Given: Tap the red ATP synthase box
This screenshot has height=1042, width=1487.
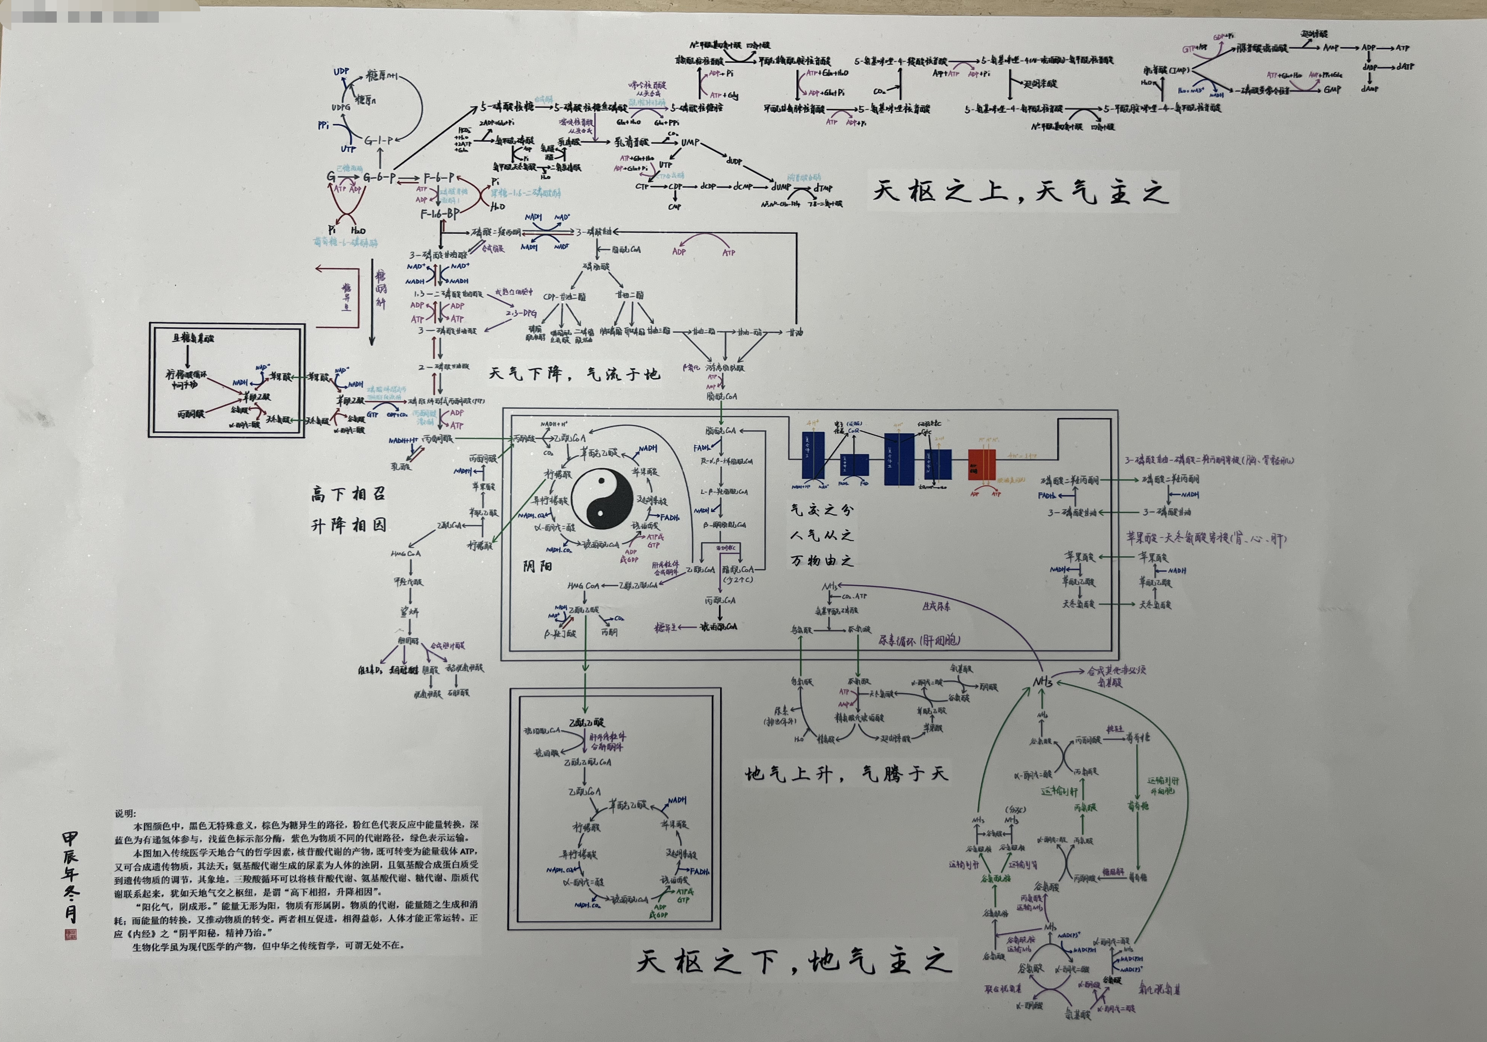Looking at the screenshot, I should pyautogui.click(x=982, y=465).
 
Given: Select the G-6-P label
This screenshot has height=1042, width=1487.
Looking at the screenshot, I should pyautogui.click(x=379, y=177).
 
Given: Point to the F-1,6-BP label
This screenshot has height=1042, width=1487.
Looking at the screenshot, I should pyautogui.click(x=440, y=213).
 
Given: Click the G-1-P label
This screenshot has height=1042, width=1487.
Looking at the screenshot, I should pyautogui.click(x=378, y=140).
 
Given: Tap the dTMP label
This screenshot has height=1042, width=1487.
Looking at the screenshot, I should pyautogui.click(x=823, y=188).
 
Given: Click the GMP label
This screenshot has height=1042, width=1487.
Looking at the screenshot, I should pyautogui.click(x=1332, y=89).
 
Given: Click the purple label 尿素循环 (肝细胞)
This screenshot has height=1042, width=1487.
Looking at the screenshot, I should pyautogui.click(x=919, y=640).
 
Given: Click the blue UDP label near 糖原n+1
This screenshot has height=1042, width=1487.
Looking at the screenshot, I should pyautogui.click(x=341, y=72).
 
